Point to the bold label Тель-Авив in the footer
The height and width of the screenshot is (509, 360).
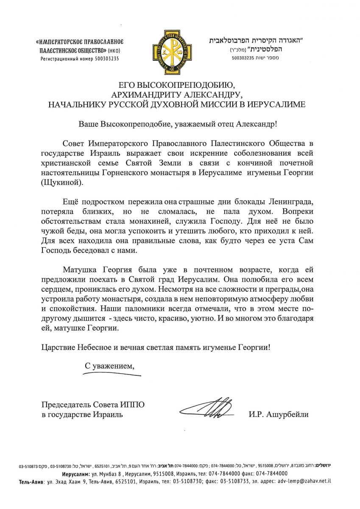(31, 481)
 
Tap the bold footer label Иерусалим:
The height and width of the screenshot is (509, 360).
(76, 473)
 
